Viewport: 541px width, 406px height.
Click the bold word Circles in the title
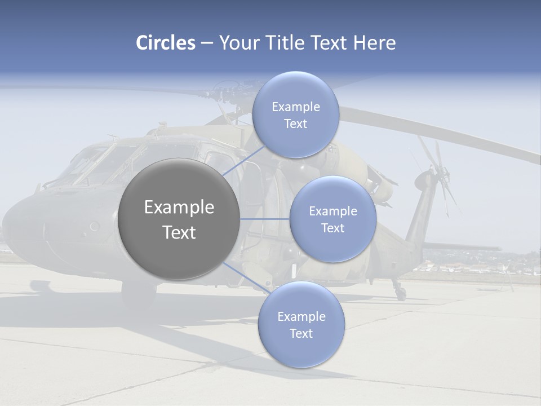click(x=165, y=43)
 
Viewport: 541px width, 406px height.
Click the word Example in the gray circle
click(x=179, y=208)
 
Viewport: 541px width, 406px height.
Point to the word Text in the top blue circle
click(x=295, y=124)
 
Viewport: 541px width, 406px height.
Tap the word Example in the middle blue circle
click(x=332, y=211)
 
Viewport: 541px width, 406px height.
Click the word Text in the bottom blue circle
click(x=301, y=333)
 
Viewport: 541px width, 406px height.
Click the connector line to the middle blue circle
click(x=265, y=219)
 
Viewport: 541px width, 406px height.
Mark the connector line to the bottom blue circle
click(x=246, y=278)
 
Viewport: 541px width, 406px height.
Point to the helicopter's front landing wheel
click(x=139, y=293)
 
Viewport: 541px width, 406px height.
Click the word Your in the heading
click(x=237, y=43)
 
